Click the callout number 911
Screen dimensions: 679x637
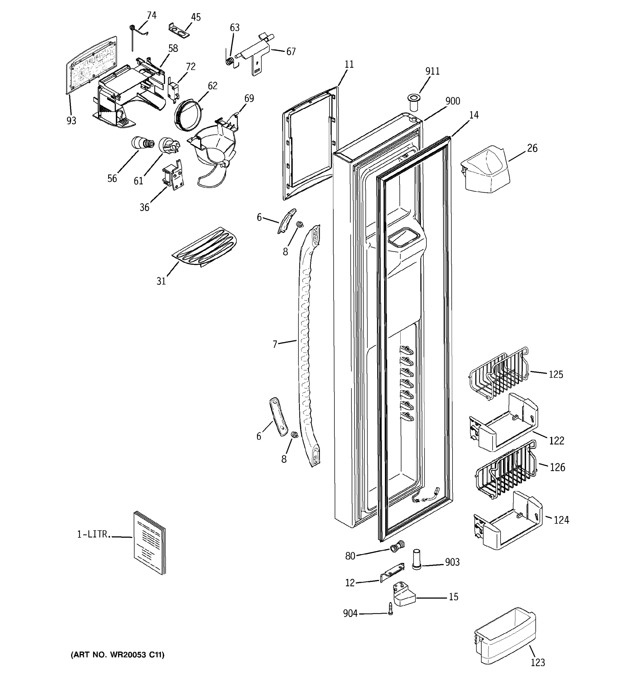(x=432, y=71)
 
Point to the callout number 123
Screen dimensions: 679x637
(x=538, y=663)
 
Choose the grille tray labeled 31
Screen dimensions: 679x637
(x=204, y=247)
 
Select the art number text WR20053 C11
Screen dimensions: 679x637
(x=117, y=655)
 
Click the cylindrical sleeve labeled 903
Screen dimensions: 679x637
(x=416, y=559)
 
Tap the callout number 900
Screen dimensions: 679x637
(x=452, y=101)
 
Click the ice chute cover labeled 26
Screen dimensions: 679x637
(x=485, y=169)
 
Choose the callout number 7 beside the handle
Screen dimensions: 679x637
(x=275, y=344)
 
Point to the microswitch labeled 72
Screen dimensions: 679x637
(x=173, y=89)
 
